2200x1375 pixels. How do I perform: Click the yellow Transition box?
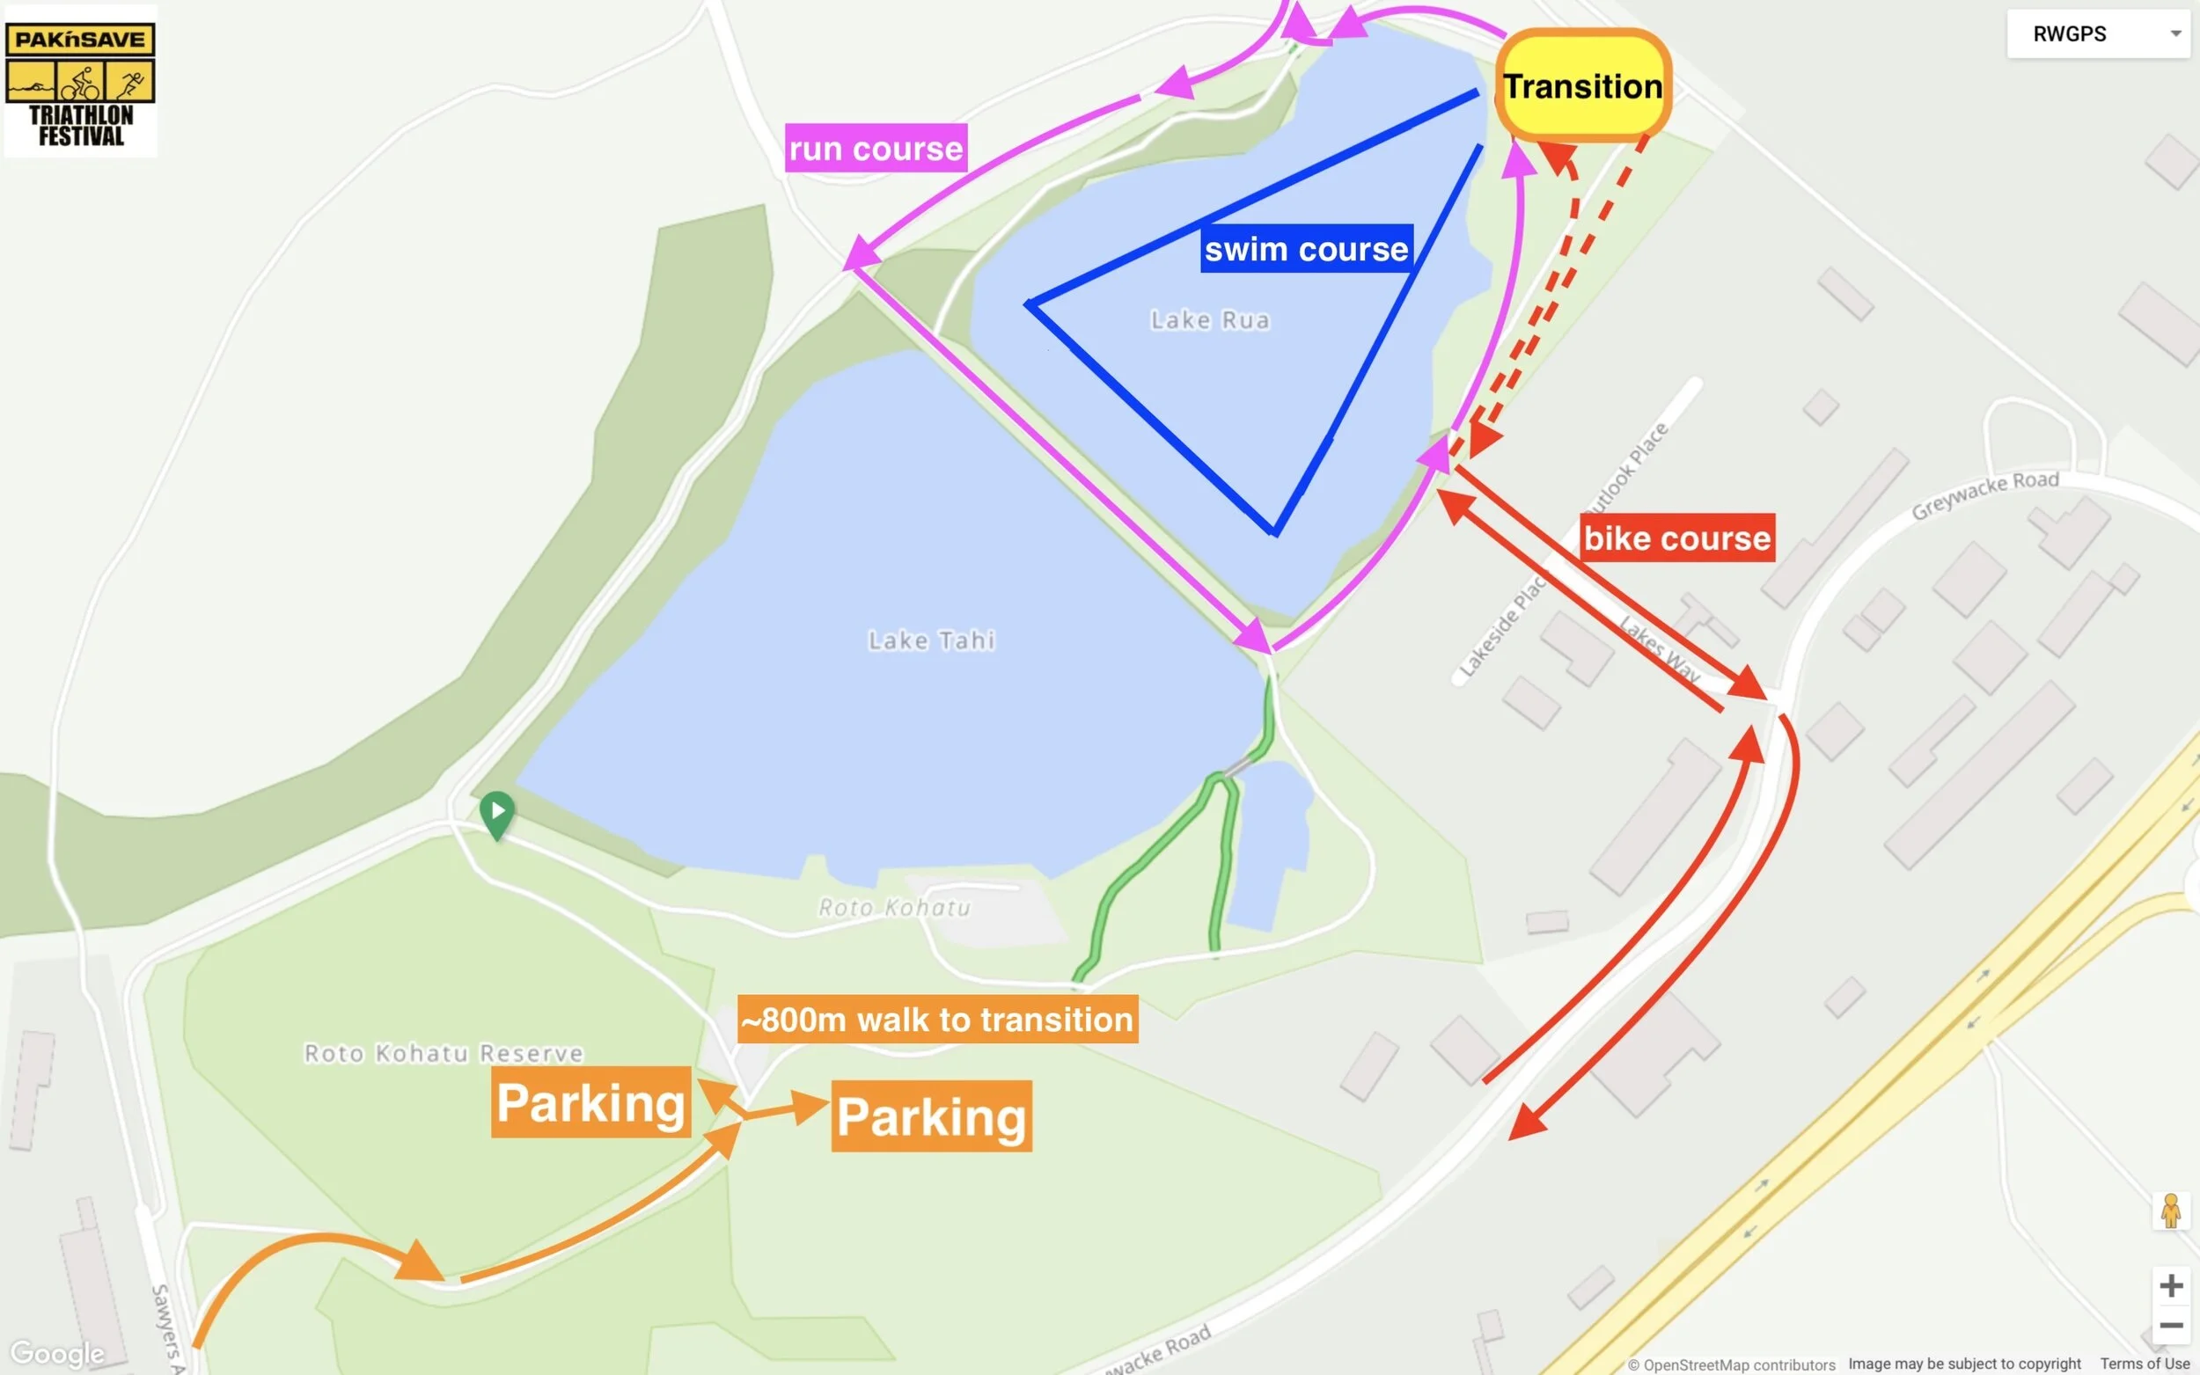click(x=1582, y=85)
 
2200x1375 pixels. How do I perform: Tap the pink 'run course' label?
click(x=875, y=148)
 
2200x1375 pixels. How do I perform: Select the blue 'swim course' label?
click(x=1306, y=248)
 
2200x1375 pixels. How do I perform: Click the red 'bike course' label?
click(x=1677, y=538)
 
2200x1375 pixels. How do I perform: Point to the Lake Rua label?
click(x=1210, y=320)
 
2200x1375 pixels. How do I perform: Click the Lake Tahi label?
click(x=931, y=640)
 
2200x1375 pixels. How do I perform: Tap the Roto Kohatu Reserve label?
click(x=443, y=1052)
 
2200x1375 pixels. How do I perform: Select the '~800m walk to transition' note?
click(x=936, y=1020)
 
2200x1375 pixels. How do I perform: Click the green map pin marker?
click(x=496, y=812)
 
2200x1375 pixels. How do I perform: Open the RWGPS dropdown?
click(x=2097, y=34)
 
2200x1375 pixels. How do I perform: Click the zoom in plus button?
click(x=2171, y=1285)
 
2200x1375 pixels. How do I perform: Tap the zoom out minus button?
click(x=2171, y=1325)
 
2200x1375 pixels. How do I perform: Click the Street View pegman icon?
click(x=2171, y=1210)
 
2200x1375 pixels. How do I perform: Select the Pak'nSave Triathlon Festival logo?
click(x=81, y=82)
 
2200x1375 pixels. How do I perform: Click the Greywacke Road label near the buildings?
click(x=1984, y=494)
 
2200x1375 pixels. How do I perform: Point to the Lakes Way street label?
click(x=1660, y=648)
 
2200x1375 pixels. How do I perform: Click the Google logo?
click(x=57, y=1353)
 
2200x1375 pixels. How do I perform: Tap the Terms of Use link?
click(x=2144, y=1364)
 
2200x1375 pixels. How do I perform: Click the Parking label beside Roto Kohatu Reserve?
click(x=591, y=1102)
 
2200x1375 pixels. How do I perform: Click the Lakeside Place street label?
click(x=1502, y=626)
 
